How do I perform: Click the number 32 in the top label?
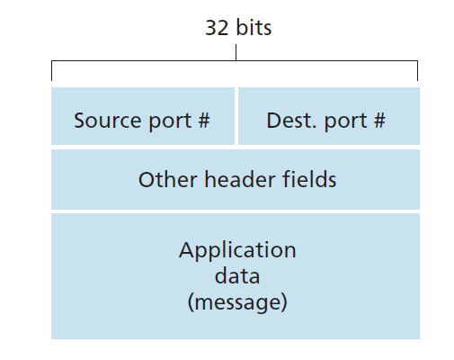(x=217, y=28)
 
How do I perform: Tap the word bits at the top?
(x=254, y=27)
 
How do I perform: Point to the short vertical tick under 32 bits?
(x=236, y=52)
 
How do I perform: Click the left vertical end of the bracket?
(x=51, y=70)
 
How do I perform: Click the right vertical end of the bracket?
(x=417, y=70)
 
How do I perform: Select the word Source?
(x=108, y=121)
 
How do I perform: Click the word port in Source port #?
(x=170, y=121)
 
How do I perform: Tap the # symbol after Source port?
(x=204, y=120)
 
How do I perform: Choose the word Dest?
(x=291, y=121)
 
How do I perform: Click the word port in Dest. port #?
(x=346, y=121)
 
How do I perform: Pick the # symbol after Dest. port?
(x=379, y=120)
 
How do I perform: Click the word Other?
(x=168, y=179)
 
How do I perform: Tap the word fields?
(x=309, y=179)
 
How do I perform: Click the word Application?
(x=237, y=251)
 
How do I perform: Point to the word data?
(x=237, y=276)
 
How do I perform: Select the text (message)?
(x=237, y=302)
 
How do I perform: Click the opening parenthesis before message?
(x=191, y=302)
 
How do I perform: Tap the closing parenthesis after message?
(x=284, y=302)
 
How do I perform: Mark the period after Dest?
(x=314, y=127)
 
